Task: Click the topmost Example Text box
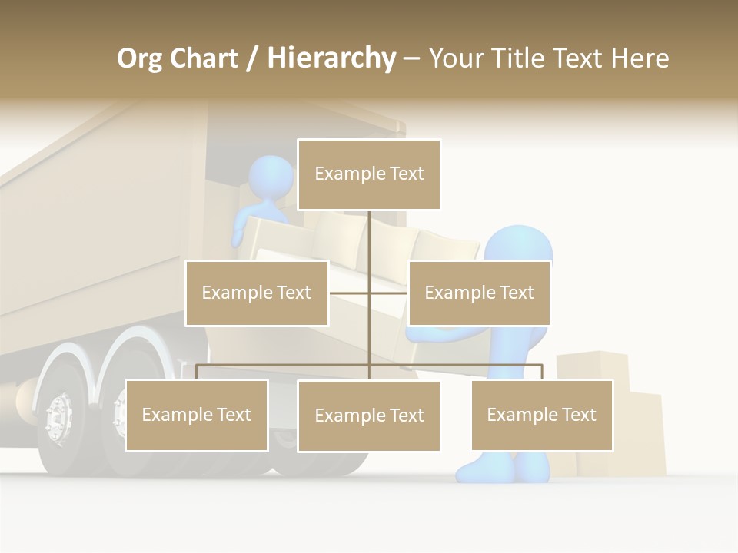[369, 174]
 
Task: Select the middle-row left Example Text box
[257, 293]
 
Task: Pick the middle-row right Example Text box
[479, 293]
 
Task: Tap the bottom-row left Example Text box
[197, 415]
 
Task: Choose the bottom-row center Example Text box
[369, 416]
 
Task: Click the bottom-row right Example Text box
[542, 415]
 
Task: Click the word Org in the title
[139, 58]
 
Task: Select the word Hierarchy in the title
[331, 58]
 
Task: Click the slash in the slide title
[252, 59]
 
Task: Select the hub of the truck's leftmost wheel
[58, 419]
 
